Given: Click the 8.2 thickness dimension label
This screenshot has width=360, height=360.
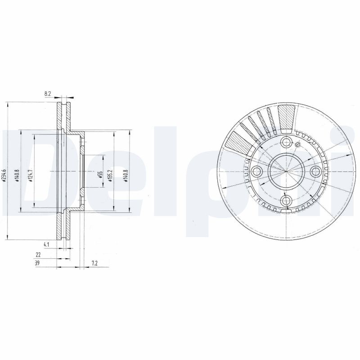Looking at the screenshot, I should coord(47,94).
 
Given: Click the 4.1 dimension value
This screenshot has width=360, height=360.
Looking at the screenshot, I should coord(46,244).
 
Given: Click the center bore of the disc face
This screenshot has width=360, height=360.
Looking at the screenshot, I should coord(286,171).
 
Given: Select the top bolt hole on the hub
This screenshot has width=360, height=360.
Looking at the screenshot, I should coord(286,142).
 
